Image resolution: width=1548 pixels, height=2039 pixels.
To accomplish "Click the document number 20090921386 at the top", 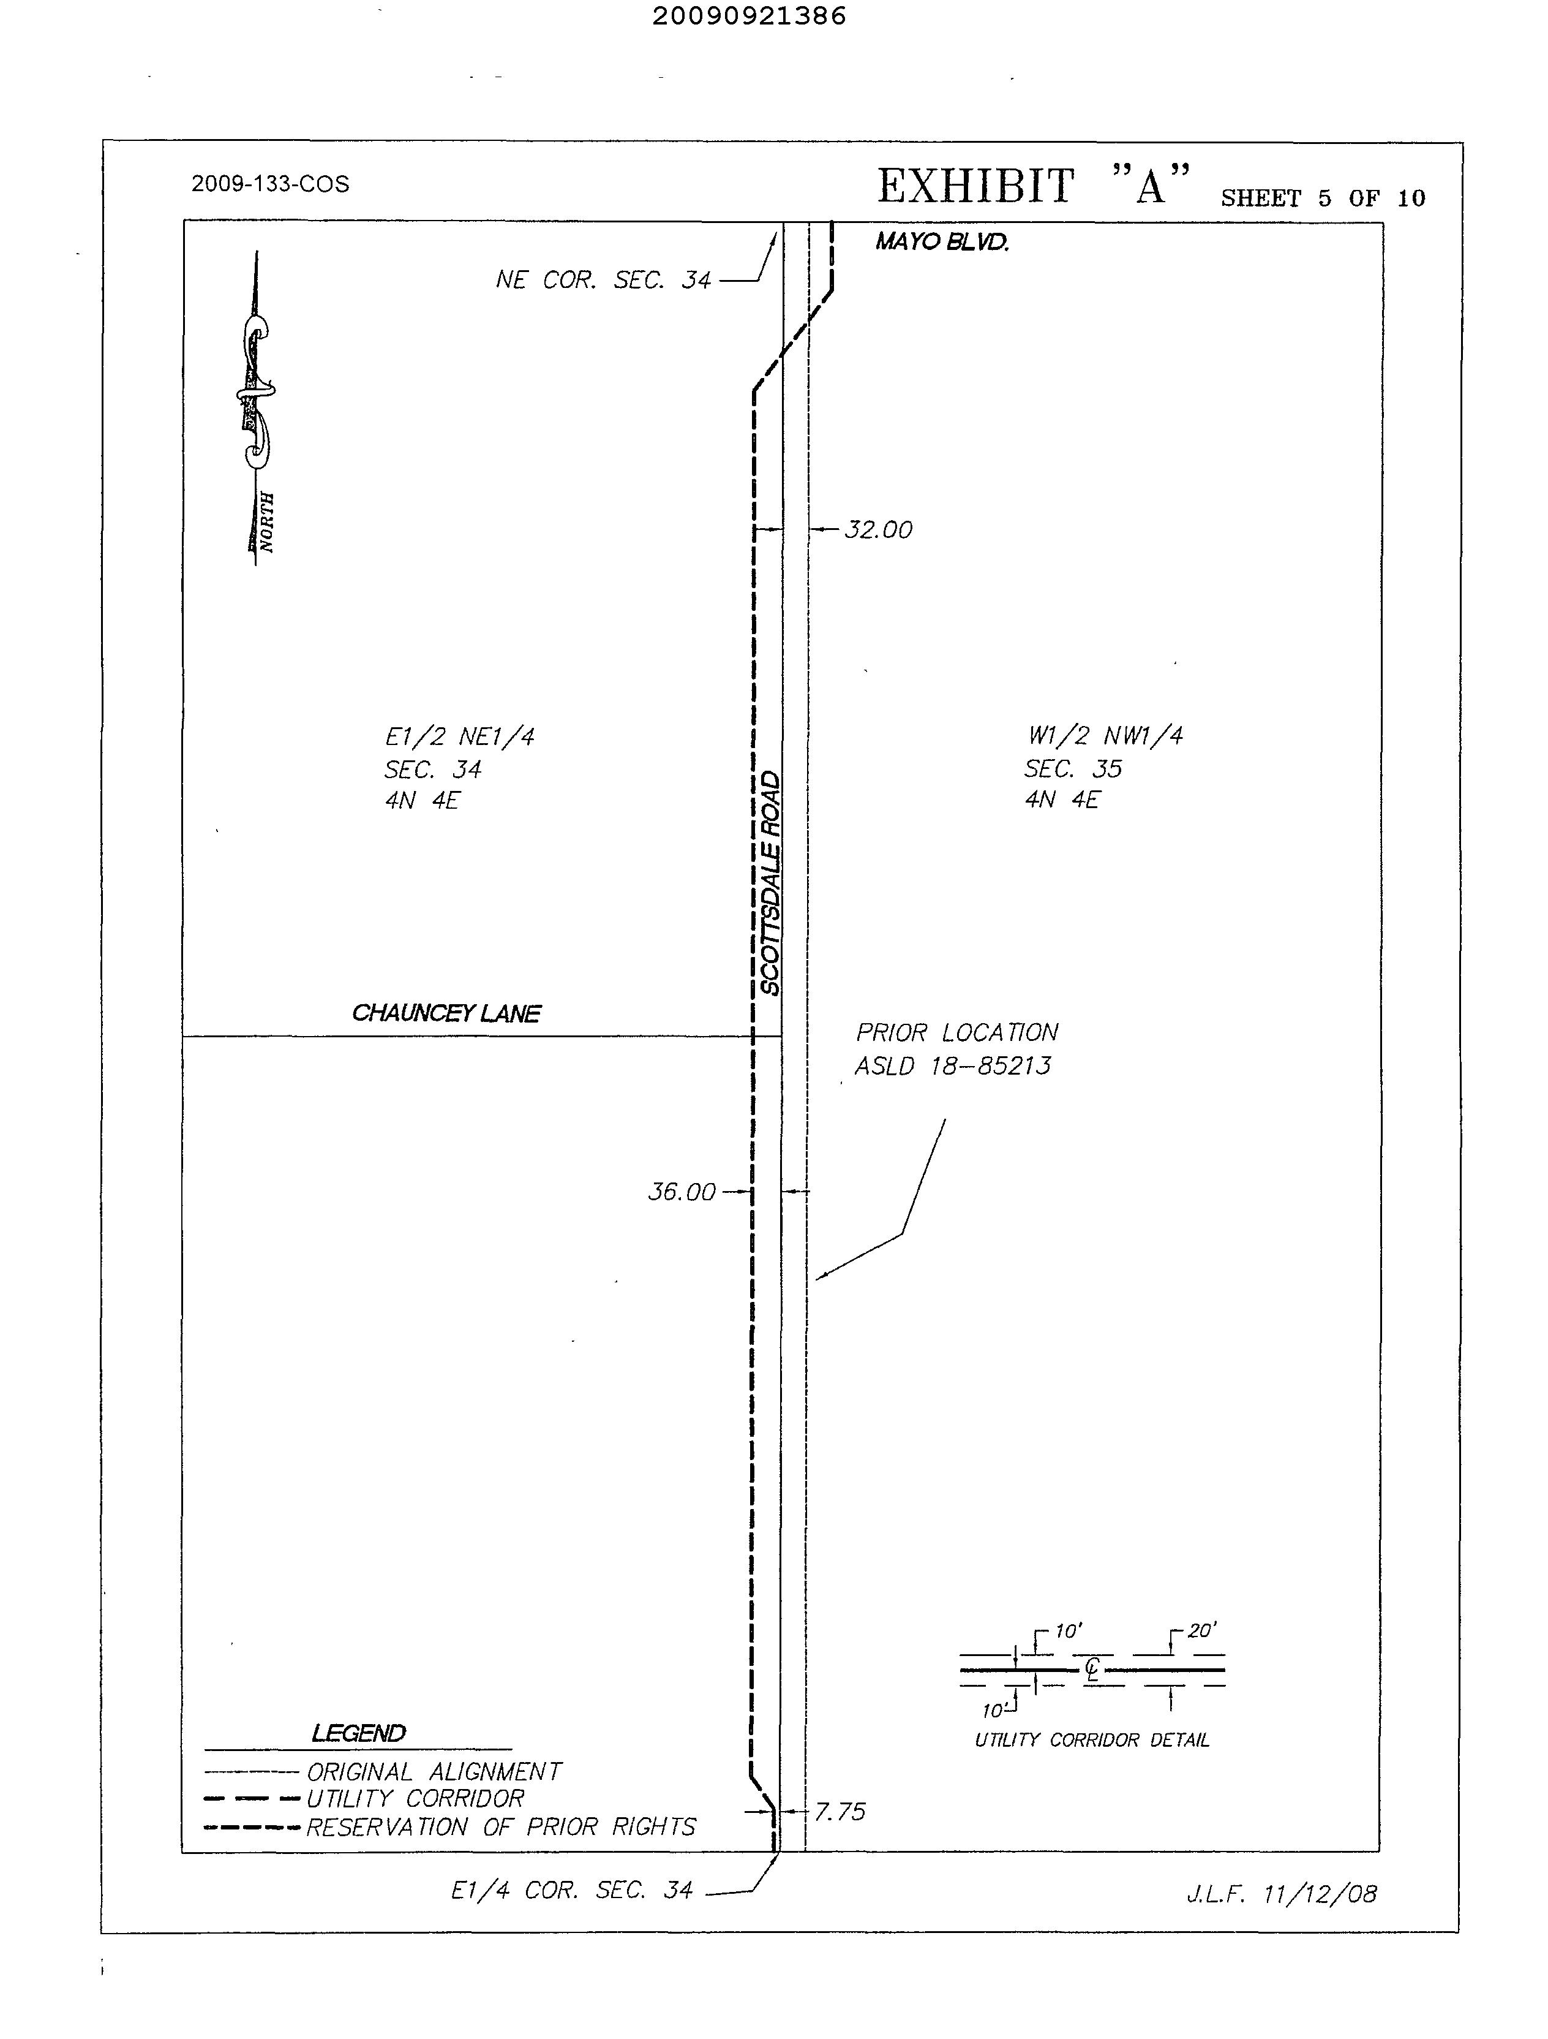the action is [x=748, y=17].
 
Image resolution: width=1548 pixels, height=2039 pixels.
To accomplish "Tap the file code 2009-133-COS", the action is [x=270, y=184].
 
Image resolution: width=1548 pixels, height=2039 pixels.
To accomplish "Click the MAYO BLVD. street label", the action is [x=942, y=243].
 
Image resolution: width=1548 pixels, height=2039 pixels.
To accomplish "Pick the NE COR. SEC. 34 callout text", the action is [x=604, y=280].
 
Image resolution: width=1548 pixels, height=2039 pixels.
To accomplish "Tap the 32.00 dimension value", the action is [x=878, y=530].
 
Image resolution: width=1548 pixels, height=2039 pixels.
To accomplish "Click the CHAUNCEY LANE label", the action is [x=446, y=1014].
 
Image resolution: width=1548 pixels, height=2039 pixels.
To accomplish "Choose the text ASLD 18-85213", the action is [x=953, y=1067].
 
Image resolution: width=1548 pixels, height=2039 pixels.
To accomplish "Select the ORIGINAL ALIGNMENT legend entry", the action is [x=433, y=1772].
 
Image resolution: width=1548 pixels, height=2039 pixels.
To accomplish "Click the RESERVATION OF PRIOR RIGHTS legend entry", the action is [x=500, y=1827].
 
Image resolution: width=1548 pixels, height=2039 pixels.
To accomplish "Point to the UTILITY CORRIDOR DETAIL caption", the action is [x=1092, y=1741].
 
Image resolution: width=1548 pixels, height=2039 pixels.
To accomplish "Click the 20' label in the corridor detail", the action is [x=1201, y=1630].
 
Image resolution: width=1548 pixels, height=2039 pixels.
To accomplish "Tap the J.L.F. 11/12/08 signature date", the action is [x=1281, y=1895].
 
